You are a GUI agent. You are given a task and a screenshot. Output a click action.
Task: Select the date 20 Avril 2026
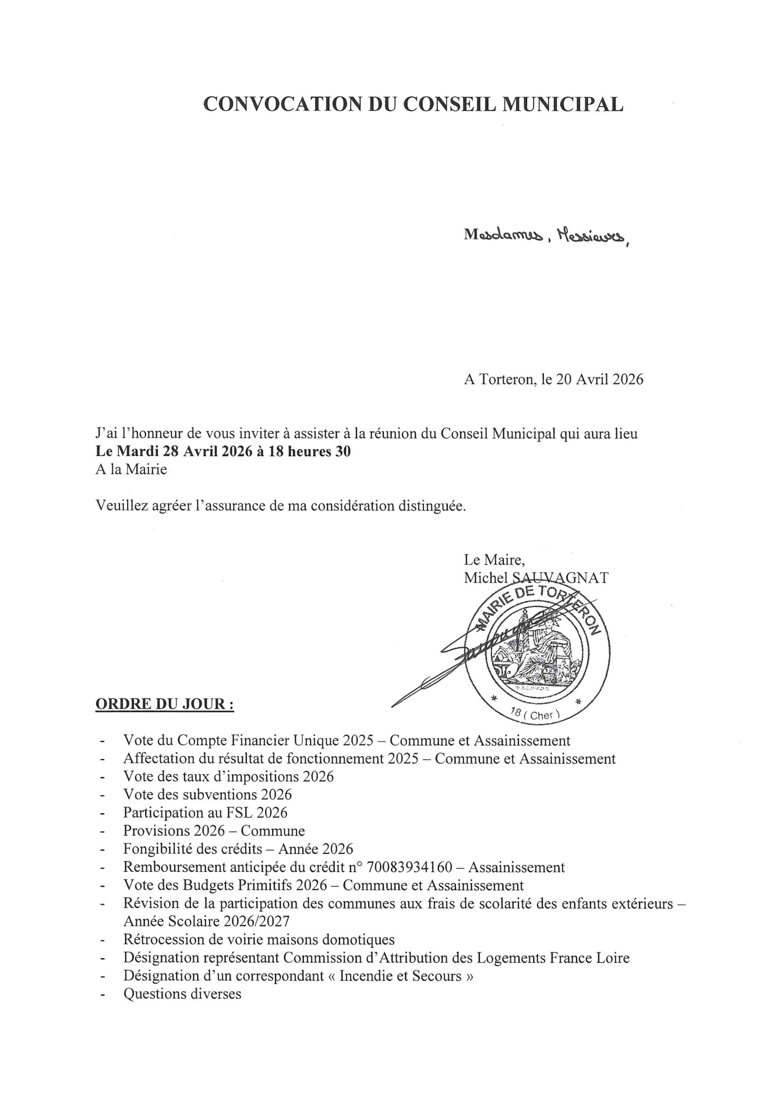point(599,379)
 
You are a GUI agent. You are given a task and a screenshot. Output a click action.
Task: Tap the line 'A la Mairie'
point(131,469)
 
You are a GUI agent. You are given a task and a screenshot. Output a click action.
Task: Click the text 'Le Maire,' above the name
point(494,560)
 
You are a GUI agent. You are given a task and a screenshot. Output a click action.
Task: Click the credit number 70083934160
point(409,867)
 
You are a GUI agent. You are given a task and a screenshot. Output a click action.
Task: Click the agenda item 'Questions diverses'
point(182,993)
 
